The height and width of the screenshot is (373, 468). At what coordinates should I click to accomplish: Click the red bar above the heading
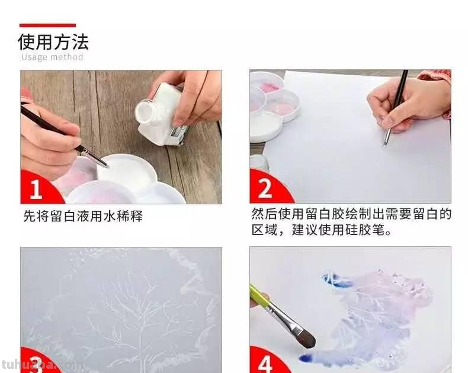(47, 25)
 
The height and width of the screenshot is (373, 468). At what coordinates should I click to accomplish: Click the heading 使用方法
(53, 42)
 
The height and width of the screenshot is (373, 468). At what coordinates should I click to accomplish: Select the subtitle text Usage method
(52, 57)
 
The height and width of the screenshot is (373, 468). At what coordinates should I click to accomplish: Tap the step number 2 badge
(265, 189)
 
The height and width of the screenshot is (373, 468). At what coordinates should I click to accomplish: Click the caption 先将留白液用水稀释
(83, 216)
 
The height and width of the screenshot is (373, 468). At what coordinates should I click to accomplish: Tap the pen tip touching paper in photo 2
(385, 142)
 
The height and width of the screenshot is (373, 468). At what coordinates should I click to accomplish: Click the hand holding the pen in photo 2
(403, 104)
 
